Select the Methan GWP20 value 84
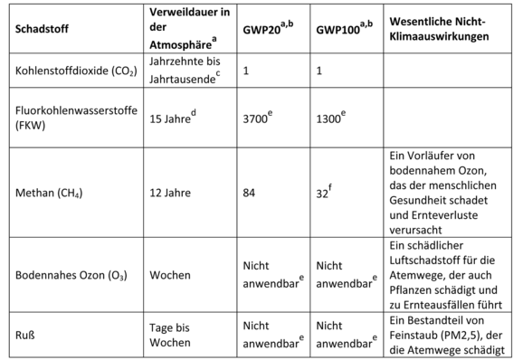pyautogui.click(x=250, y=192)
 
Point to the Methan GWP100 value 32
pyautogui.click(x=323, y=192)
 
